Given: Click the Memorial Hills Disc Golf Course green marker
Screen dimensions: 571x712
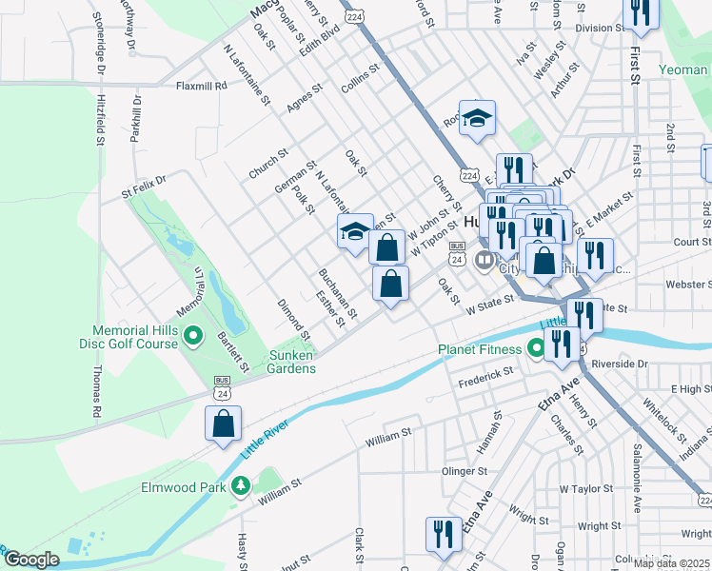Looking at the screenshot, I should pyautogui.click(x=192, y=334).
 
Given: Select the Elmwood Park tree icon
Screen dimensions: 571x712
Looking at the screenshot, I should pyautogui.click(x=241, y=487).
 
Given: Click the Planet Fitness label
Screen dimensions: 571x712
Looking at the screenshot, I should pyautogui.click(x=482, y=349).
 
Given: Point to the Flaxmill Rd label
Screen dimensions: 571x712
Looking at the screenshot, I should pyautogui.click(x=201, y=86).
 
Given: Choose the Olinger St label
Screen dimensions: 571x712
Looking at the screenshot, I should pyautogui.click(x=464, y=470).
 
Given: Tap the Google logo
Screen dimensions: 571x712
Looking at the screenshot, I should pyautogui.click(x=31, y=560).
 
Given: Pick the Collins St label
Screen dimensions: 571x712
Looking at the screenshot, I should pyautogui.click(x=361, y=76).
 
